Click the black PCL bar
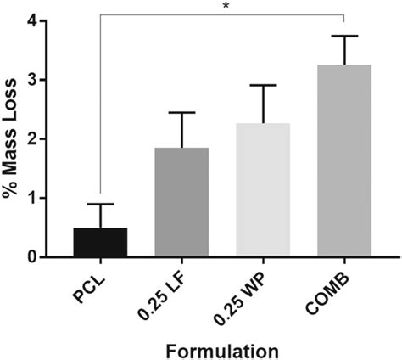(x=100, y=242)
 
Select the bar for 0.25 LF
(x=181, y=202)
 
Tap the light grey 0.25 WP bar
(x=263, y=190)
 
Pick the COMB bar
(x=344, y=160)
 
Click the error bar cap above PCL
(x=100, y=204)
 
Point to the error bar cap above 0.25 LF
(x=181, y=113)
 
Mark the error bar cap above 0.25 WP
(x=263, y=85)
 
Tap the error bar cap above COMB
(x=344, y=36)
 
